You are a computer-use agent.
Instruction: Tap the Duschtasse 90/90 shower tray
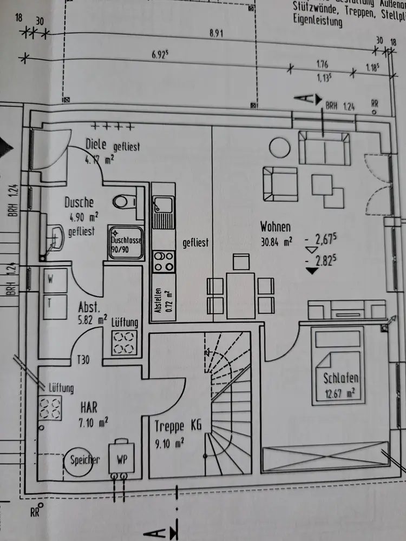126,242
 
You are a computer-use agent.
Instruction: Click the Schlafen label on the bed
341,378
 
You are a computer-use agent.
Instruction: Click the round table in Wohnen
280,147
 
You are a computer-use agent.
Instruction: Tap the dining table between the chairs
241,295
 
